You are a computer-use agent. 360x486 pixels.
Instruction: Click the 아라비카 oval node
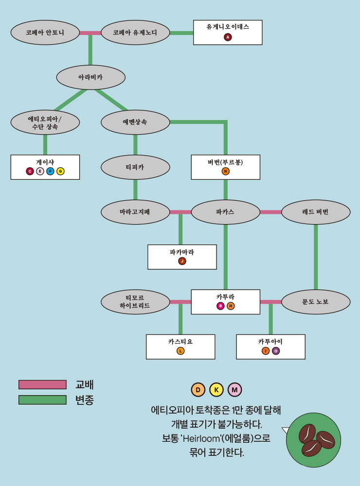90,77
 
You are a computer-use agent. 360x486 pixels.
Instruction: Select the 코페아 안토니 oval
45,33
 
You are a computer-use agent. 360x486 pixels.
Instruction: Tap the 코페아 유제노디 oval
135,33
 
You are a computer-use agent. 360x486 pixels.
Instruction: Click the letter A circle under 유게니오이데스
228,37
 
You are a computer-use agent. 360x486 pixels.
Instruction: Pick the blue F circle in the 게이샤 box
50,171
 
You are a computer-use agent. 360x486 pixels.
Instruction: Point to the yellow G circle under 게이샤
60,171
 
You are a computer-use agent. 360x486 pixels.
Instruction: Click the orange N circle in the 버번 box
225,171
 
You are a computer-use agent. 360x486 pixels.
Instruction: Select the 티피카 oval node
135,167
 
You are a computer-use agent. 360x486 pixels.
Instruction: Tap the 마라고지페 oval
135,212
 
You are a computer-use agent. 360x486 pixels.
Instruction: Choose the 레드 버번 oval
316,212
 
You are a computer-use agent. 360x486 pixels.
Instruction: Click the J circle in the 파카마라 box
182,261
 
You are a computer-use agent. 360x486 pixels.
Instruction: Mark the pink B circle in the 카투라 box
220,306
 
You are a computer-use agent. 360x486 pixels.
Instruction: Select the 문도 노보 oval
316,302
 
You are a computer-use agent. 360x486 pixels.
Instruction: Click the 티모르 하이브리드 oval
135,302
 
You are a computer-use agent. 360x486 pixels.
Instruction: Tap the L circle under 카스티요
180,351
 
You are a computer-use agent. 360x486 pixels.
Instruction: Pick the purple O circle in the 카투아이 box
276,351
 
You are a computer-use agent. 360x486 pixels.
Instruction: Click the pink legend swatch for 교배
42,384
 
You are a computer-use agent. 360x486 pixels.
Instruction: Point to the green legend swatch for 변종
42,400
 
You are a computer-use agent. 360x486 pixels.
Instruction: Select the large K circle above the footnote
216,390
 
